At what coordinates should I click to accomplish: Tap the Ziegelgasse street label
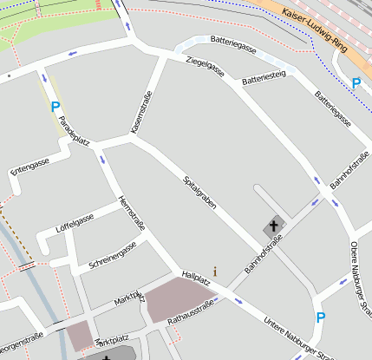click(206, 69)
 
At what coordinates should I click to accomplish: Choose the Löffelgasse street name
click(75, 222)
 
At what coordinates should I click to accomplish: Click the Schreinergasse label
click(108, 258)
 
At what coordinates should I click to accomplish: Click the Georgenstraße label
click(21, 344)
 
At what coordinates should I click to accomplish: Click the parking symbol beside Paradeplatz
click(55, 107)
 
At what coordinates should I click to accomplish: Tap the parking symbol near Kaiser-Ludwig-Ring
click(356, 83)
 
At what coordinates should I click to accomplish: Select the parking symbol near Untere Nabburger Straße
click(320, 317)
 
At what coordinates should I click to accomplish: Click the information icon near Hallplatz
click(215, 272)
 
